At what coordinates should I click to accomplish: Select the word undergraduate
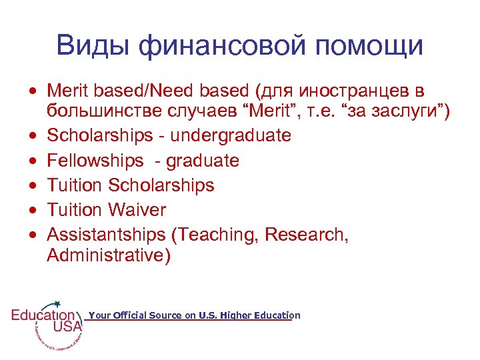(231, 135)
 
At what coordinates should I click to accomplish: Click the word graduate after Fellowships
(202, 161)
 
